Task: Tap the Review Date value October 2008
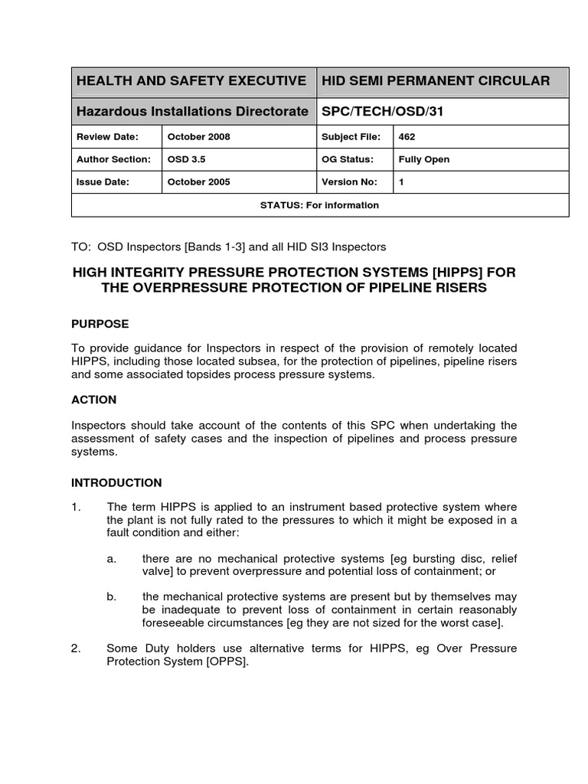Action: point(199,137)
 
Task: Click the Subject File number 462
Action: point(407,137)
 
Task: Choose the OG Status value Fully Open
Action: point(424,159)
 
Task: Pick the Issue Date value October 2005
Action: point(199,182)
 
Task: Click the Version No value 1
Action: point(402,182)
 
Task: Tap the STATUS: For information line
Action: point(319,205)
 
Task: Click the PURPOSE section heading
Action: point(100,324)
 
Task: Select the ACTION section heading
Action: point(94,400)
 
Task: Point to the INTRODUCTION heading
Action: point(116,483)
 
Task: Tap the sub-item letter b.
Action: point(112,596)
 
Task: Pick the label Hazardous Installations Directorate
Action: point(192,112)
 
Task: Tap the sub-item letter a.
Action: point(112,558)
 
